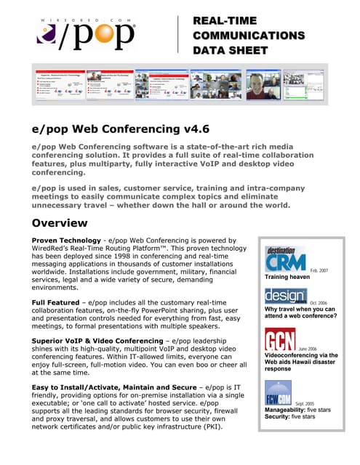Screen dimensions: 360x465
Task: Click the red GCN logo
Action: (279, 339)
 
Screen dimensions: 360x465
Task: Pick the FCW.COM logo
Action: (279, 392)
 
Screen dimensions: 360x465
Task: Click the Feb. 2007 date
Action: (319, 270)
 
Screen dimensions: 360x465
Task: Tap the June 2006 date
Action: (308, 349)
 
